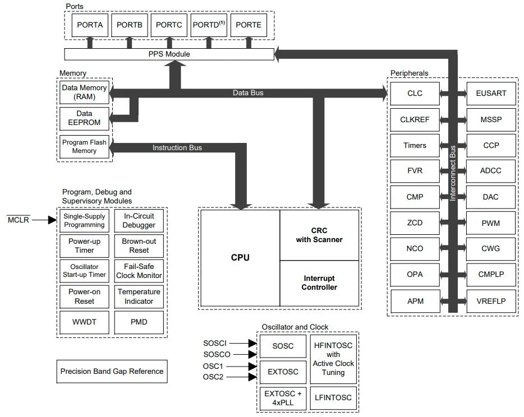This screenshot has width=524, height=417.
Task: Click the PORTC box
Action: pyautogui.click(x=168, y=25)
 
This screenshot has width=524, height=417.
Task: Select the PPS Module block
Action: pyautogui.click(x=169, y=54)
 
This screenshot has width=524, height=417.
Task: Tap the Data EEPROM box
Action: pyautogui.click(x=85, y=118)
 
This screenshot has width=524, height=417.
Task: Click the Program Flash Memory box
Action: pyautogui.click(x=85, y=147)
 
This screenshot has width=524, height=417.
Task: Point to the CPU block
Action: pyautogui.click(x=240, y=258)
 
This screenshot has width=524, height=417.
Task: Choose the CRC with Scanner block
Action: pyautogui.click(x=319, y=235)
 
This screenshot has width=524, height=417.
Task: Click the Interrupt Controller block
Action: pyautogui.click(x=319, y=283)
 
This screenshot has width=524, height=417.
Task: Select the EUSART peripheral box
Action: pyautogui.click(x=490, y=93)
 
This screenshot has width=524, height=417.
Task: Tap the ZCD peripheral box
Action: pyautogui.click(x=415, y=223)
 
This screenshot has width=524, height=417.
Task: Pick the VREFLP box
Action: pyautogui.click(x=490, y=301)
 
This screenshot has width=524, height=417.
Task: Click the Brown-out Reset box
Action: pyautogui.click(x=139, y=245)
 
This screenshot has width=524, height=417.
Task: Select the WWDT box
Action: pyautogui.click(x=84, y=322)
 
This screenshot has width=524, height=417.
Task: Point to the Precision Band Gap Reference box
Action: pyautogui.click(x=112, y=371)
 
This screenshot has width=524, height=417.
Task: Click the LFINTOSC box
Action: pyautogui.click(x=333, y=397)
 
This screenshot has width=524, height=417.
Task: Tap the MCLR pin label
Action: pyautogui.click(x=19, y=220)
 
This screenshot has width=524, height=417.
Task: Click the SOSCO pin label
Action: pyautogui.click(x=216, y=354)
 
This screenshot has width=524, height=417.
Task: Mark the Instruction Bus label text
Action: pyautogui.click(x=177, y=148)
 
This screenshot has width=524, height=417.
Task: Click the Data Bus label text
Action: pyautogui.click(x=248, y=93)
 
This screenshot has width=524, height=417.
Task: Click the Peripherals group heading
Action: pyautogui.click(x=409, y=73)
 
